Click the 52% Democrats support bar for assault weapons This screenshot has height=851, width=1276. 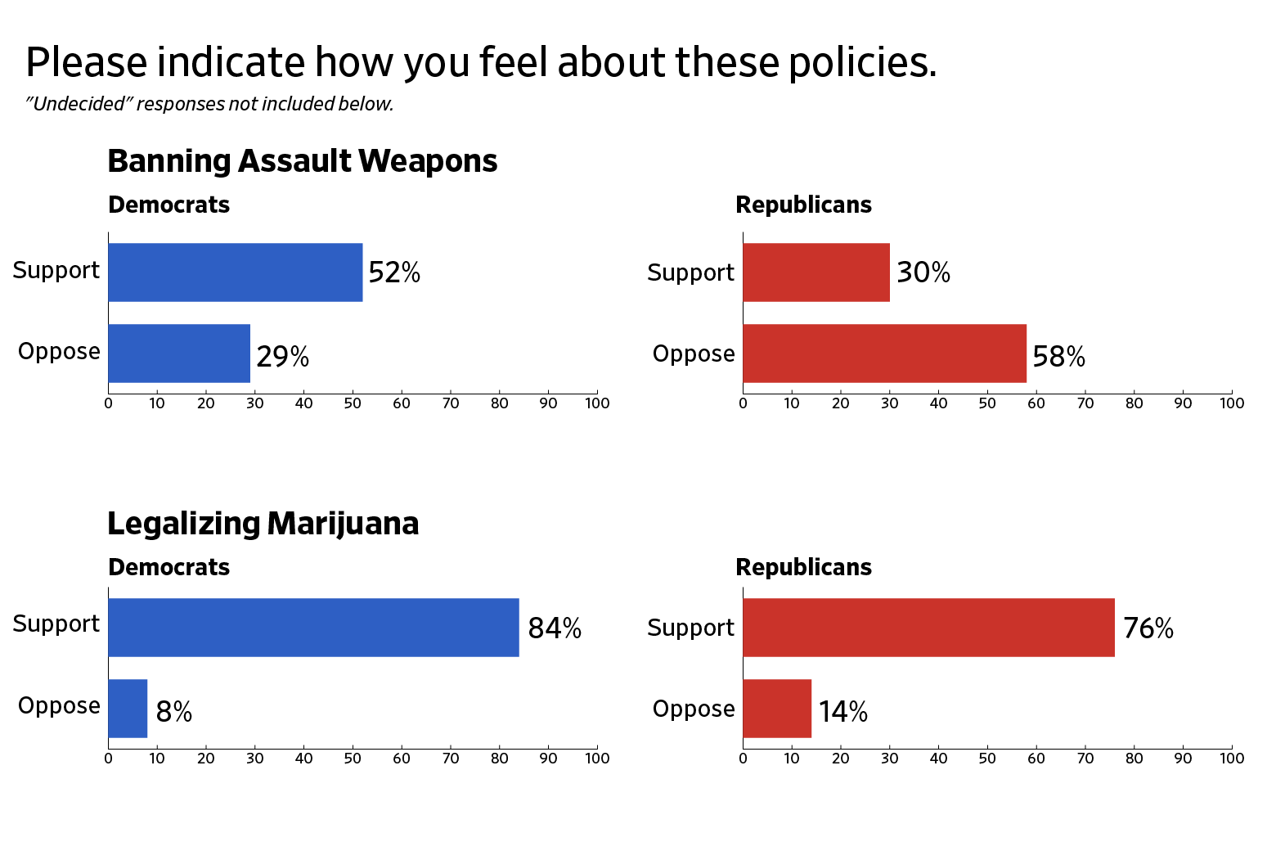235,272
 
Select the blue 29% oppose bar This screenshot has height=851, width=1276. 179,353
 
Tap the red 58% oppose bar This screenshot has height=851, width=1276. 884,353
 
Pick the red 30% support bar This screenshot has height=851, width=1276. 816,272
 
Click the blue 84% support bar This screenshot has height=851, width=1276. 313,628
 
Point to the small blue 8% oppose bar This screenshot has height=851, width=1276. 128,709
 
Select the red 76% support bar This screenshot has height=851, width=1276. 928,628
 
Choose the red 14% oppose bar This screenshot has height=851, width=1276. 777,709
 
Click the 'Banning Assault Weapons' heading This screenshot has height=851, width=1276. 302,161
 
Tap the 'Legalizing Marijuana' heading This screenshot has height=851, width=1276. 263,524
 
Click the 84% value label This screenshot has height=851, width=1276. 555,628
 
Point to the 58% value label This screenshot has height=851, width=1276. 1058,357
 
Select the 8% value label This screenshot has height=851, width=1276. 173,712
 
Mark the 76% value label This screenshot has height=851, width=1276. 1148,628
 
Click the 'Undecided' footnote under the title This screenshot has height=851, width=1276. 209,104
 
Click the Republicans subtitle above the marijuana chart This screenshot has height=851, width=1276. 803,567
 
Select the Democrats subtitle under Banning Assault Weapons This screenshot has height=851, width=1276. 168,205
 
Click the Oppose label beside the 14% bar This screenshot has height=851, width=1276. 693,709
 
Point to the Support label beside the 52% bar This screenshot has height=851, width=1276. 56,270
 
